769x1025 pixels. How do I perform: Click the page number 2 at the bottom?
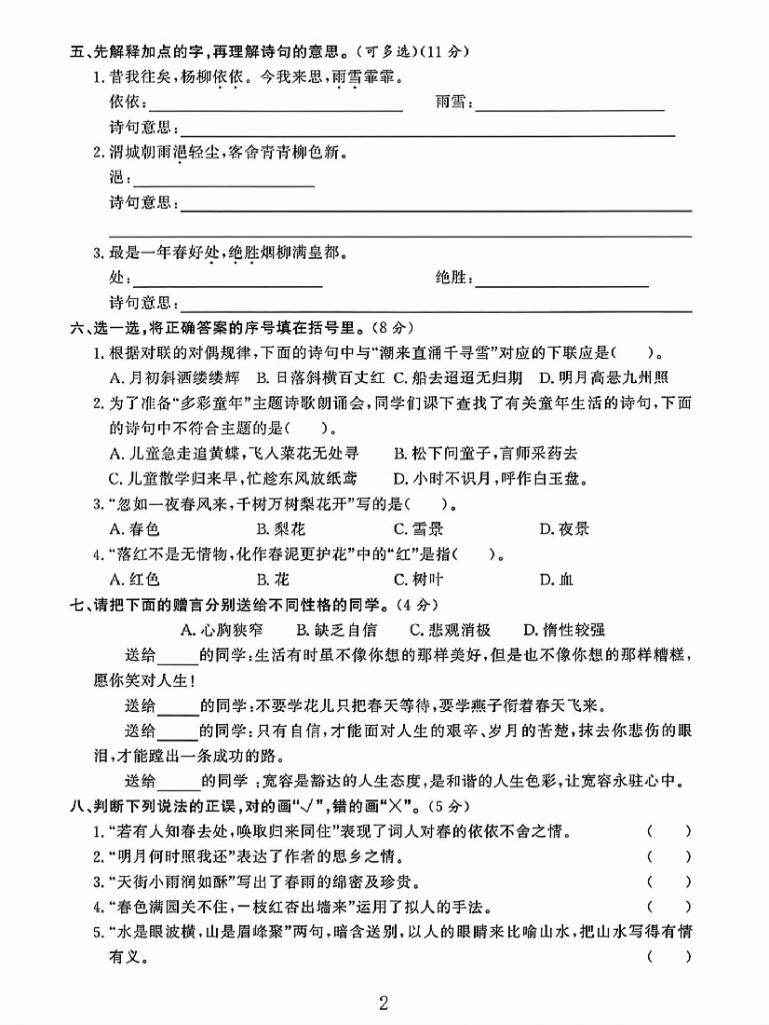coord(384,1004)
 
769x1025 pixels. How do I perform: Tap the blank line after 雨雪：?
coord(570,104)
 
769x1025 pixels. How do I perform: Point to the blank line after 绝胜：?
coord(561,279)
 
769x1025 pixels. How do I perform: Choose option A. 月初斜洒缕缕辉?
coord(174,377)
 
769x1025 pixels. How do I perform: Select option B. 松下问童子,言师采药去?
coord(485,454)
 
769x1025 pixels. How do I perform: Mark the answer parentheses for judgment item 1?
coord(669,830)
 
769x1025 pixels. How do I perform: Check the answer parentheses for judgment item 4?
coord(669,906)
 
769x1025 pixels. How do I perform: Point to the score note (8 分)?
coord(389,327)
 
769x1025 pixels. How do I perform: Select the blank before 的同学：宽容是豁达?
coord(180,780)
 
